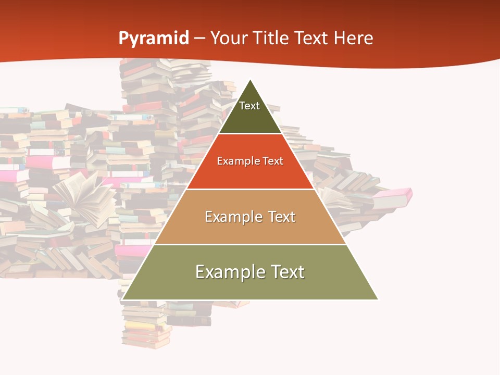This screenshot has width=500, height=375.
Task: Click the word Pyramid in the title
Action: pyautogui.click(x=153, y=39)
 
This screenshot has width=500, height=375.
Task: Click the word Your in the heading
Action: pyautogui.click(x=229, y=39)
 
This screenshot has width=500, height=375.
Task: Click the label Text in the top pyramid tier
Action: pyautogui.click(x=249, y=106)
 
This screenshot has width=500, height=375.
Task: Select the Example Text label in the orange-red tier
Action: pyautogui.click(x=250, y=161)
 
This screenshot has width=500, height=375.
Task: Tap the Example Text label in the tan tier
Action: pyautogui.click(x=250, y=217)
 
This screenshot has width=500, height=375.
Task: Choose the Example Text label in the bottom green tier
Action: pyautogui.click(x=250, y=272)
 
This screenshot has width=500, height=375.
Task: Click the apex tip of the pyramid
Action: pyautogui.click(x=251, y=80)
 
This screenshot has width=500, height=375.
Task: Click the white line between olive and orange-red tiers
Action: pyautogui.click(x=250, y=134)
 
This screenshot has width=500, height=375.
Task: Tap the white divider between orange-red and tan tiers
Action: pyautogui.click(x=250, y=189)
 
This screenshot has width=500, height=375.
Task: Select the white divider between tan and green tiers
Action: pyautogui.click(x=250, y=244)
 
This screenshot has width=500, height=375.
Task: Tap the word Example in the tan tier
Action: pyautogui.click(x=233, y=217)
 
